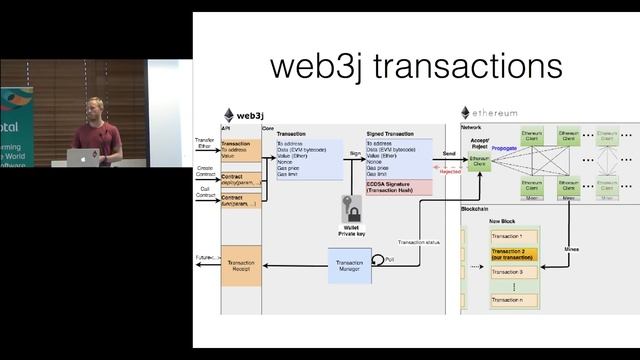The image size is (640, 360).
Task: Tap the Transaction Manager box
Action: tap(348, 263)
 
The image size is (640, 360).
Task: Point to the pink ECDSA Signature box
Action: tap(398, 187)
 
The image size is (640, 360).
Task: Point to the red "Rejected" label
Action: tap(451, 171)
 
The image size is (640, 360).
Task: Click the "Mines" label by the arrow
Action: tap(572, 248)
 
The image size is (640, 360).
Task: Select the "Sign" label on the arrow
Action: tap(354, 154)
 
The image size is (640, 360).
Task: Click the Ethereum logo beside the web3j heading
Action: tap(228, 115)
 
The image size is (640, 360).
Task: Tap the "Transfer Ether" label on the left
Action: tap(204, 143)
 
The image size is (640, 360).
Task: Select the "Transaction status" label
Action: tap(417, 242)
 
